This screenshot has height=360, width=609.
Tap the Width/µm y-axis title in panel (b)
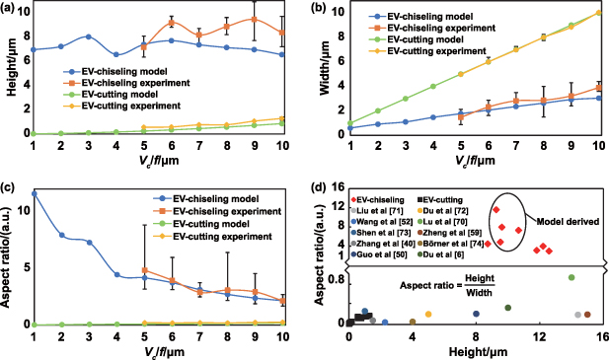point(321,69)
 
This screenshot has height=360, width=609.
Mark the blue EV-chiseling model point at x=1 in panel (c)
point(34,193)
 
